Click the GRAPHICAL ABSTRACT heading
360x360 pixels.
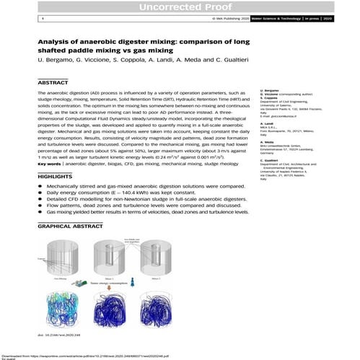[74, 226]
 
